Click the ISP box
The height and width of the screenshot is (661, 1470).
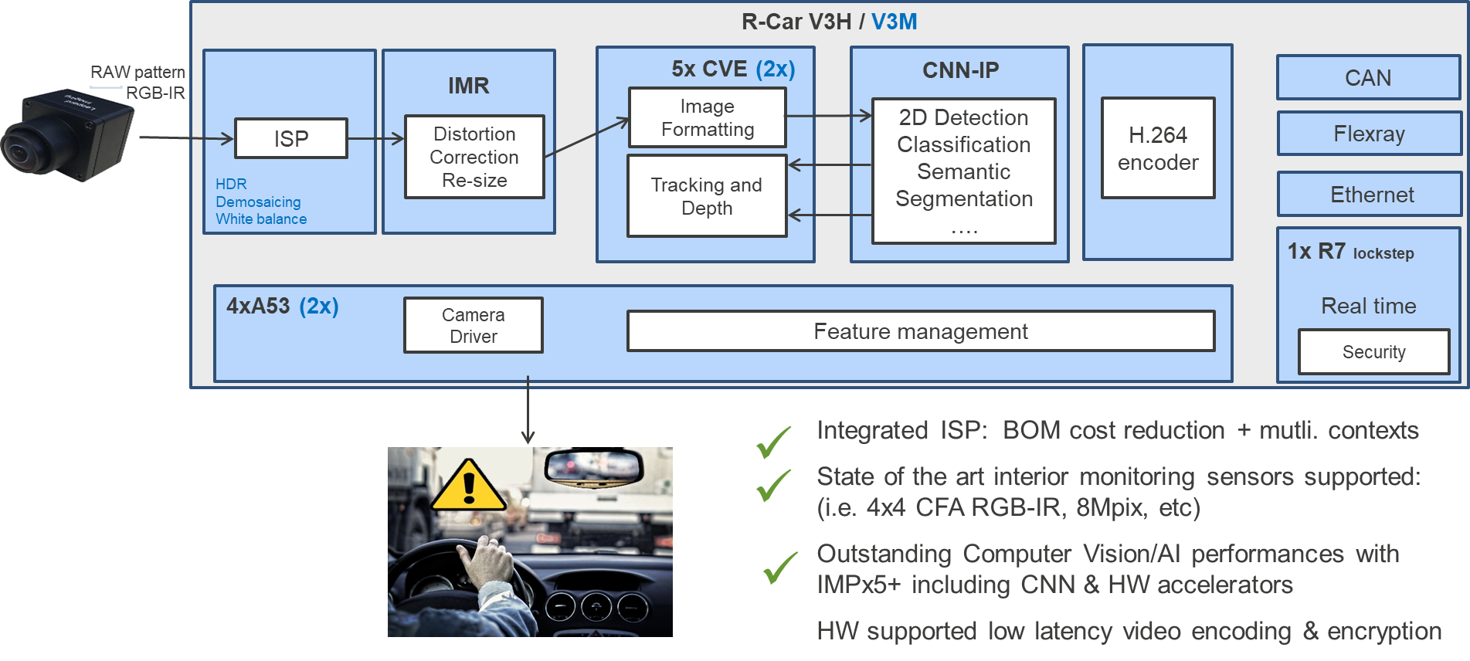[291, 139]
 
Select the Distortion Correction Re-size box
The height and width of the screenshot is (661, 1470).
[474, 157]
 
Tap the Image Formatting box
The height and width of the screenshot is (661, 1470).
[708, 117]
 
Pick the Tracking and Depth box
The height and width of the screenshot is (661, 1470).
[707, 196]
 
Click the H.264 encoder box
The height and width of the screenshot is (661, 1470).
[1158, 148]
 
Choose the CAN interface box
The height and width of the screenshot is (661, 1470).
[1368, 78]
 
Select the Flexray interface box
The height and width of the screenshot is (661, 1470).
[1369, 134]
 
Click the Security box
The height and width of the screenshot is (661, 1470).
[1373, 352]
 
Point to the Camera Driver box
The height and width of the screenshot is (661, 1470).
[474, 326]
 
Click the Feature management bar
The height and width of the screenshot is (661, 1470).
[920, 331]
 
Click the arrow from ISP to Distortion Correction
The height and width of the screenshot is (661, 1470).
[376, 139]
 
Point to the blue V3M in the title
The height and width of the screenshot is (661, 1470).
[894, 22]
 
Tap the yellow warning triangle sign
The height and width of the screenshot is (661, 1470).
[468, 486]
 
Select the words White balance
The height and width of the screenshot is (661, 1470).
[261, 219]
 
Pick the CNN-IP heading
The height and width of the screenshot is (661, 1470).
[960, 70]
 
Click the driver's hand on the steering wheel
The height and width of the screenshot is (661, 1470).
[487, 561]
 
